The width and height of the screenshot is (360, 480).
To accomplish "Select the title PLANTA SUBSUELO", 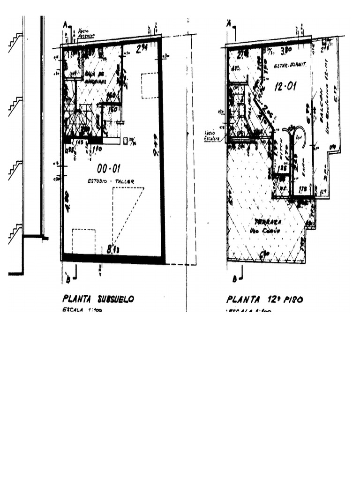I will [x=98, y=299].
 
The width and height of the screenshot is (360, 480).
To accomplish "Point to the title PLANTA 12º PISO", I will [x=264, y=299].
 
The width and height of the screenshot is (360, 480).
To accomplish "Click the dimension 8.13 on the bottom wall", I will [x=113, y=250].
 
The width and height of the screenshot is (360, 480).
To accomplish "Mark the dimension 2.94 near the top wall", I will [x=142, y=48].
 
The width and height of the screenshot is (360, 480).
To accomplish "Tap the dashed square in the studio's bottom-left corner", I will [x=83, y=241].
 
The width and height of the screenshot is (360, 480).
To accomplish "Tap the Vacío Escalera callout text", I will [x=212, y=135].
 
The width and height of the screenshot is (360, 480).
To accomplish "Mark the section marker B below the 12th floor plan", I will [x=233, y=279].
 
